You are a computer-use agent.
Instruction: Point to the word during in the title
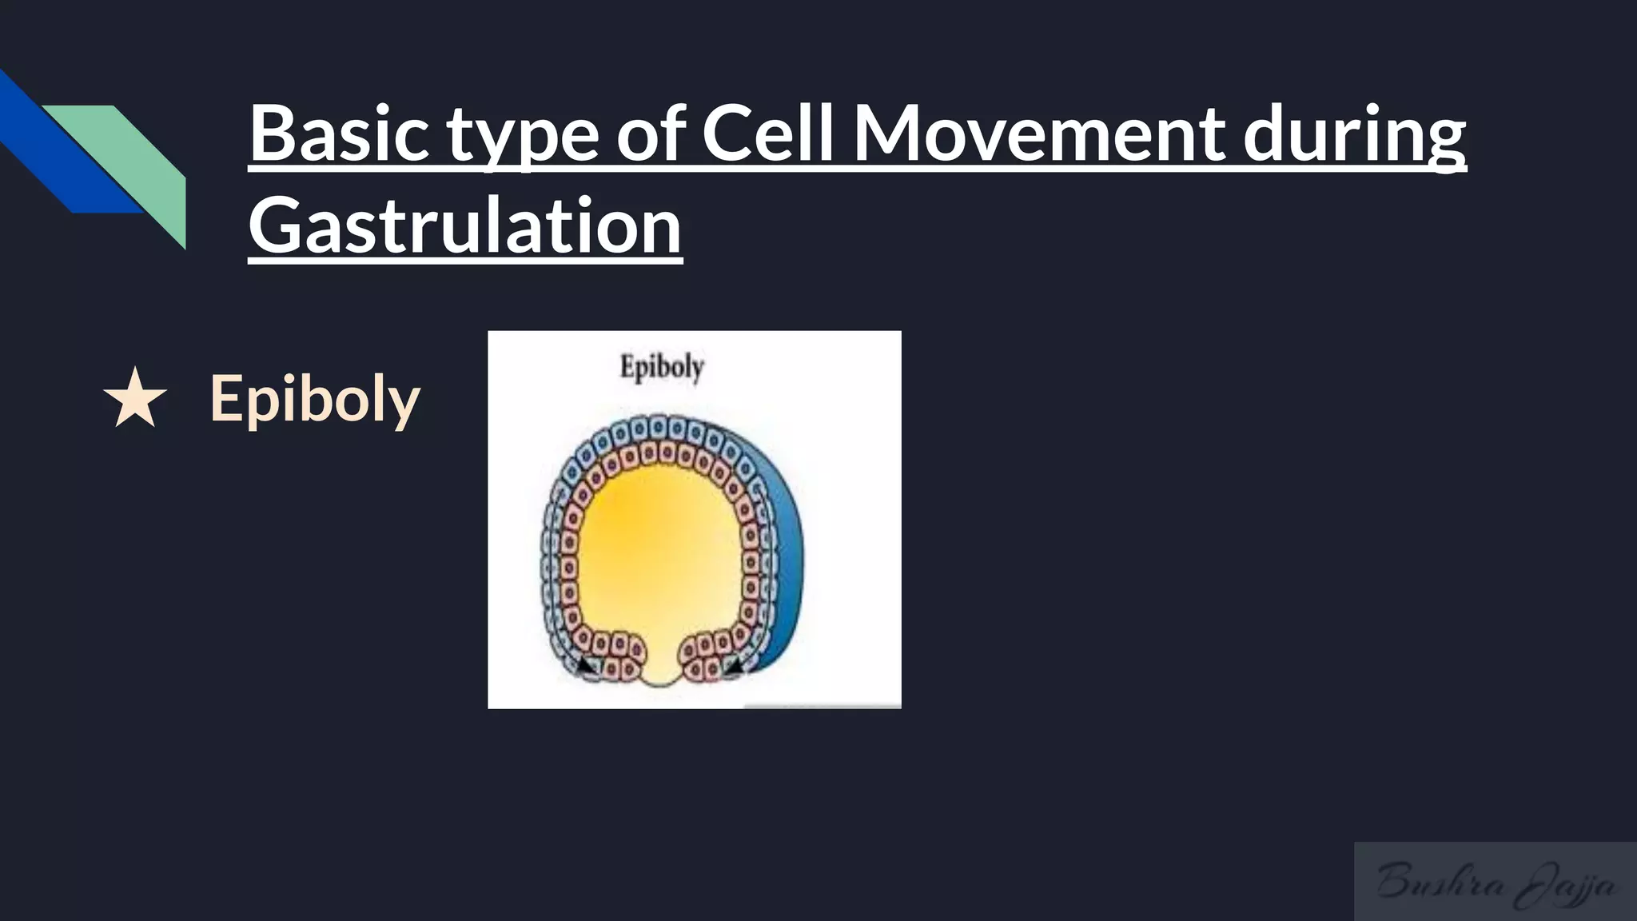[1354, 134]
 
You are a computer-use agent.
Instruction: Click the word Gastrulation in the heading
[465, 227]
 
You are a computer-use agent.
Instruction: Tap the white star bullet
[135, 398]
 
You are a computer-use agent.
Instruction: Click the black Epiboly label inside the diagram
[662, 368]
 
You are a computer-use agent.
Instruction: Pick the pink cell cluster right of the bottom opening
[703, 656]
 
